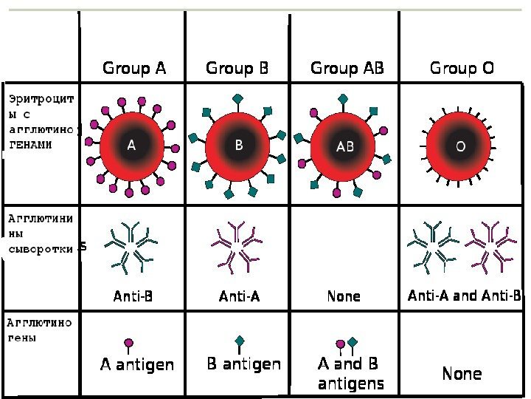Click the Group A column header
(134, 69)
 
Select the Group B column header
(237, 69)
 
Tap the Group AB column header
(347, 69)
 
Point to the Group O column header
(462, 69)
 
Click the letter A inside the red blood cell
(131, 146)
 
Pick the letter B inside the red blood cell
(239, 146)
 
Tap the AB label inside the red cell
(345, 146)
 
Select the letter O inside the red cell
(460, 146)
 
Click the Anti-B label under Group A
(133, 296)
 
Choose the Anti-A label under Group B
(240, 296)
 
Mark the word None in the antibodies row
(344, 296)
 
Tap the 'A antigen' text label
(137, 364)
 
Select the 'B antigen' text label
(243, 364)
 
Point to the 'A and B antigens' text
(350, 373)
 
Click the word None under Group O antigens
(462, 373)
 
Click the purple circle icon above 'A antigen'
(129, 344)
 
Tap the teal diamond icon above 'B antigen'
(240, 341)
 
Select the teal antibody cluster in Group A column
(132, 246)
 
